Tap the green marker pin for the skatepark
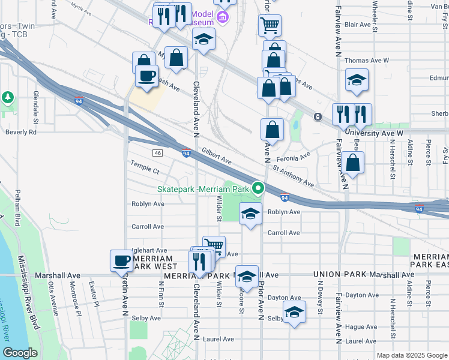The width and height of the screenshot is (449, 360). point(259,188)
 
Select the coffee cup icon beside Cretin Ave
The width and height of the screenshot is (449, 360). point(122,260)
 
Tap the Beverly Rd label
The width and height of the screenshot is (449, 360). point(21,131)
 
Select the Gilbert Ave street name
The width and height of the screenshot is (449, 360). point(217,157)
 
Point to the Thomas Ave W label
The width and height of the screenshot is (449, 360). point(367,61)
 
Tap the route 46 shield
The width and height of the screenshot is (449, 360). point(158,153)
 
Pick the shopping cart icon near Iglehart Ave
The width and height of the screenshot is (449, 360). point(214,245)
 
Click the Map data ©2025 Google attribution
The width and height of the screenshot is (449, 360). point(412,355)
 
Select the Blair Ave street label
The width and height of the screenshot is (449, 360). point(358,25)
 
